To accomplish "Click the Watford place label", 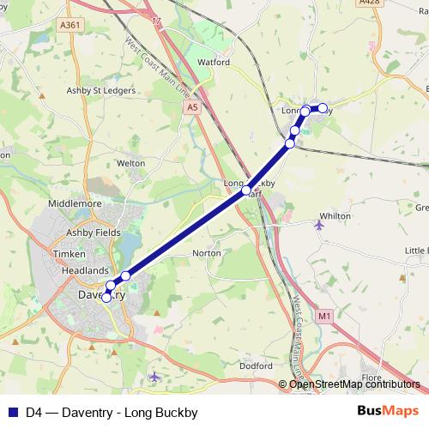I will [214, 63].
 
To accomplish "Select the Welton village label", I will [130, 162].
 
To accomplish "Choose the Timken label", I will [69, 255].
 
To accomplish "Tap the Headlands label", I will [85, 269].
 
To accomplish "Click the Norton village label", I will [207, 253].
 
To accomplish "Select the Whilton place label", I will [335, 216].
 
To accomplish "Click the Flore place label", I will [372, 377].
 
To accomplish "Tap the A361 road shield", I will [72, 26].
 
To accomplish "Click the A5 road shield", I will [196, 107].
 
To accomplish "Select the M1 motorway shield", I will [323, 317].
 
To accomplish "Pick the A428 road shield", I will [370, 3].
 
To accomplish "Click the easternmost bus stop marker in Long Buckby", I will [323, 108].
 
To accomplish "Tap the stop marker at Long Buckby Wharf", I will [246, 190].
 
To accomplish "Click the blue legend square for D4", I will [13, 412].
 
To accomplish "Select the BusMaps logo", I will [389, 411].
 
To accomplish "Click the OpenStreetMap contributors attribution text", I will [354, 384].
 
